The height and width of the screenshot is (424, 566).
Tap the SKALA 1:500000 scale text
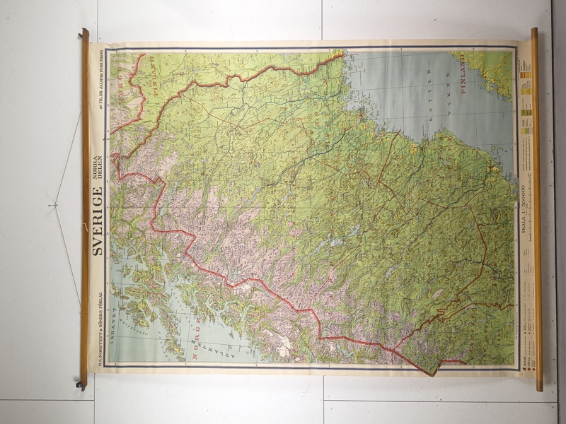click(522, 212)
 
